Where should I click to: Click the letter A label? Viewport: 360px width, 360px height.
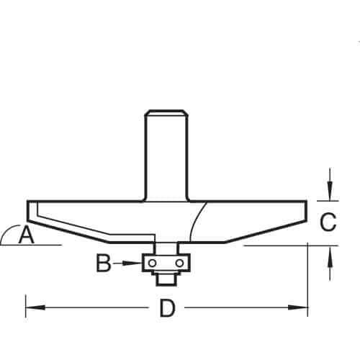[27, 234]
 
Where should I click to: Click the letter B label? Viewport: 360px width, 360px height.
[104, 263]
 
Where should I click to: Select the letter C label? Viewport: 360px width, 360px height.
[328, 222]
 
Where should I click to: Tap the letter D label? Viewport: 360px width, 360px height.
[167, 308]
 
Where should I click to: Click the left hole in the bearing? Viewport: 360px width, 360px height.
[152, 264]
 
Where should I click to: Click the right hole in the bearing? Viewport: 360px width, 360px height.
[179, 264]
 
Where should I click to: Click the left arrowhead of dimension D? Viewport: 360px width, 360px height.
[35, 307]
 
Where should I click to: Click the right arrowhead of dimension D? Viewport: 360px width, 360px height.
[298, 307]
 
